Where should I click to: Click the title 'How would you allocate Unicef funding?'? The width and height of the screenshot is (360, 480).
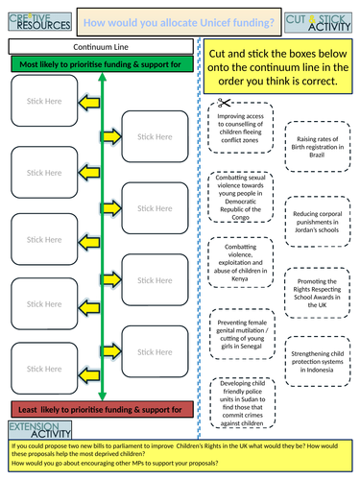click(180, 20)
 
